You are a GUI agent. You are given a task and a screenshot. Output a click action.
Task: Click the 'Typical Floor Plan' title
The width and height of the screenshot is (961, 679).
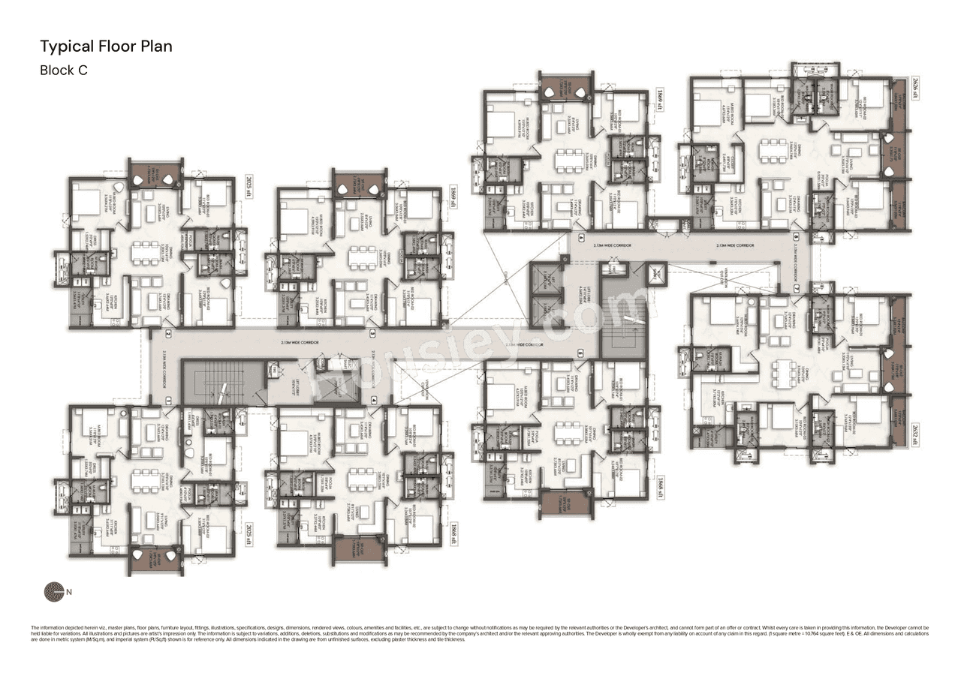coord(106,47)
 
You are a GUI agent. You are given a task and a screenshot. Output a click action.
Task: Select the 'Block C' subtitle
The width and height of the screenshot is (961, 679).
coord(68,71)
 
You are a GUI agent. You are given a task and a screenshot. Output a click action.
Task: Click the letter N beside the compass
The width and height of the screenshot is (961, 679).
coord(70,592)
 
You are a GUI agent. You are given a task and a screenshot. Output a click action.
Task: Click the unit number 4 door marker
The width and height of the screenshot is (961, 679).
coord(373,399)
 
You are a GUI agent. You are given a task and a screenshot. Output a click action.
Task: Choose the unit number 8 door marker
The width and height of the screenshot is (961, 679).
coord(796,237)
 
